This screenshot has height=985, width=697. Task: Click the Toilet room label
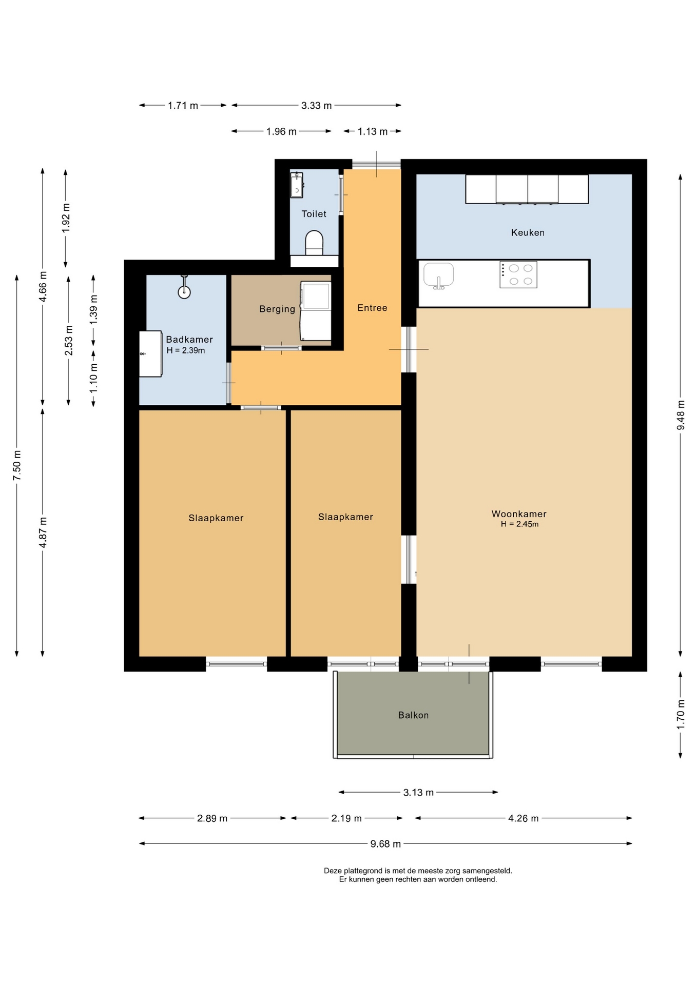point(314,214)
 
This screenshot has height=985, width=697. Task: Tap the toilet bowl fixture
point(314,243)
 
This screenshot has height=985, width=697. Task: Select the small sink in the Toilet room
point(297,185)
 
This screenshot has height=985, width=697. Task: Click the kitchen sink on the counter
point(438,275)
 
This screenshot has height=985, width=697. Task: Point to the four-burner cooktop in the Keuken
point(518,274)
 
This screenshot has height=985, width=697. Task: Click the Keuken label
point(528,232)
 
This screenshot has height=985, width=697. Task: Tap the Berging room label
point(277,309)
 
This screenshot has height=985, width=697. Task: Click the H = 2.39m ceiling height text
point(186,350)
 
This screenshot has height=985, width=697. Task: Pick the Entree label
point(372,308)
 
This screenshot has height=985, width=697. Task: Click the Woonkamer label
point(519,514)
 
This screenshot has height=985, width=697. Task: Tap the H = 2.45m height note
point(520,524)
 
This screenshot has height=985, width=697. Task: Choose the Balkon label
point(413,715)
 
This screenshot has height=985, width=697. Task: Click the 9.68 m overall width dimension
point(385,844)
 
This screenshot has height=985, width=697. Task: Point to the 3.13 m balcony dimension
point(418,793)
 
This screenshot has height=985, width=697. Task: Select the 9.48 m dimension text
point(681,415)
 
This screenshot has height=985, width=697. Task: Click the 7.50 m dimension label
point(17,465)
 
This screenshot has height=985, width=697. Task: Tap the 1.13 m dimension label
point(373,132)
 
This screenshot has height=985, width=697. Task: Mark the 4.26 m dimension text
point(524,818)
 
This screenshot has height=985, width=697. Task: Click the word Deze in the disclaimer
point(333,871)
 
